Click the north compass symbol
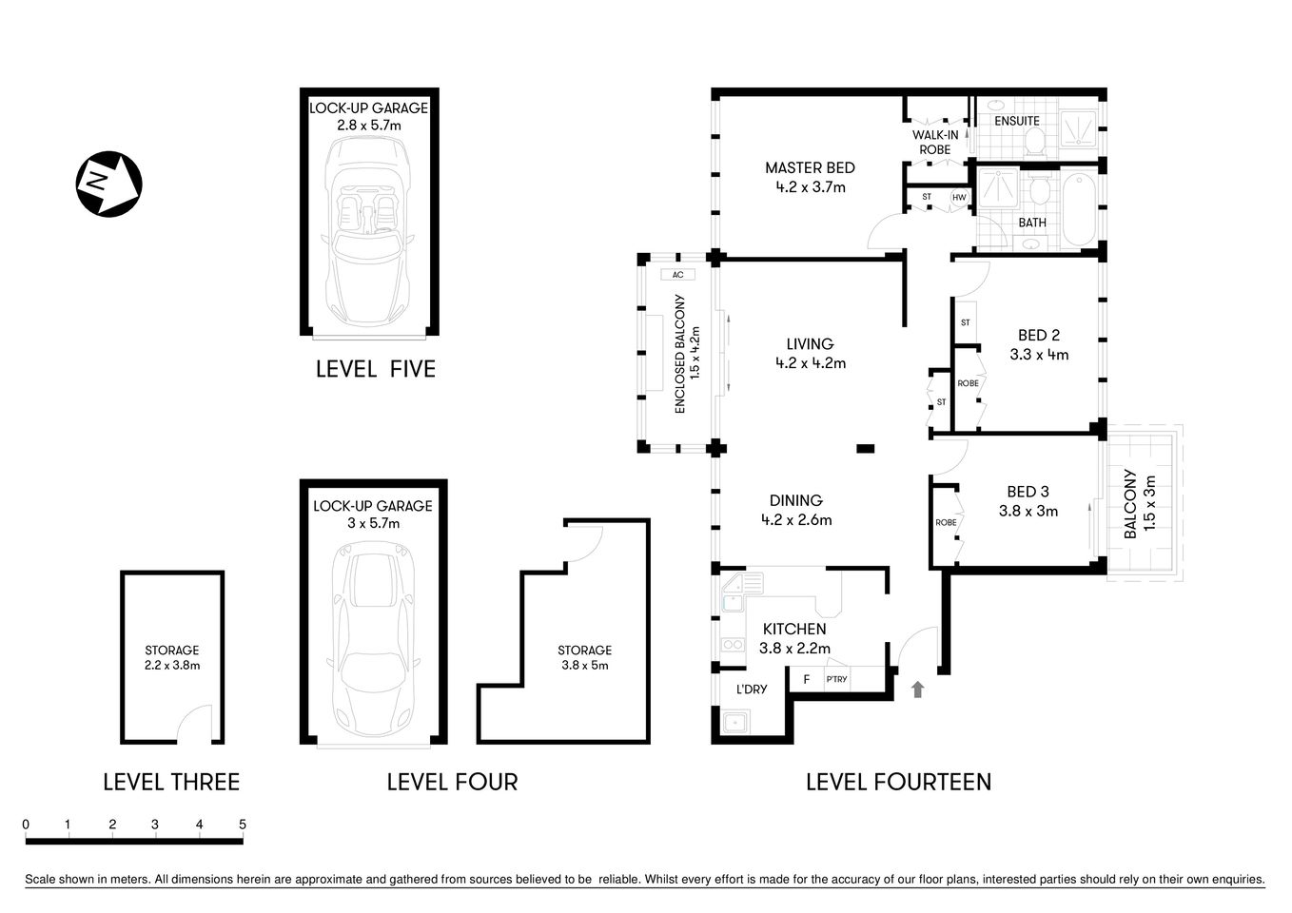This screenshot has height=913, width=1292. (108, 184)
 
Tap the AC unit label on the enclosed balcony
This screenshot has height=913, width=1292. (677, 275)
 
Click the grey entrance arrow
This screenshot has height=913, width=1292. (917, 690)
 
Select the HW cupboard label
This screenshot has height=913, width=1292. (959, 198)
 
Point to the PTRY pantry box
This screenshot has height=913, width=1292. (837, 679)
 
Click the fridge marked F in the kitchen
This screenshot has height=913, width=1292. (807, 679)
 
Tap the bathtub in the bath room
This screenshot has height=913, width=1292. (1079, 209)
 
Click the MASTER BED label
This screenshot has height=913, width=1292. (810, 167)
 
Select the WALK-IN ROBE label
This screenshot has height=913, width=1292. (935, 142)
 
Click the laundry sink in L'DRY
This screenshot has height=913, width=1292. (735, 723)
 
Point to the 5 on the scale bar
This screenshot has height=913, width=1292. (243, 825)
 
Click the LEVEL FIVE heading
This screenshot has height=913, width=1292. (376, 369)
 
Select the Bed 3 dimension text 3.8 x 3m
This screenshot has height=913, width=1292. (1028, 511)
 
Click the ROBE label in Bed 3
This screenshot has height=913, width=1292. (946, 523)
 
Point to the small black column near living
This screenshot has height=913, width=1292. (865, 449)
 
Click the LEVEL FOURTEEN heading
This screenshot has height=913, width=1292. (898, 782)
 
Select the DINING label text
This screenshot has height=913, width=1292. (795, 500)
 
